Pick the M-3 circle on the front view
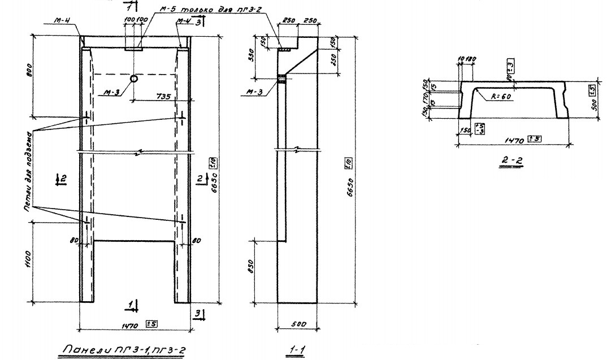click(134, 79)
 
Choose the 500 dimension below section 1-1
click(299, 324)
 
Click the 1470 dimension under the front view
click(131, 324)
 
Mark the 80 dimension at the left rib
click(73, 240)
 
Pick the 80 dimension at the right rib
click(196, 240)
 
